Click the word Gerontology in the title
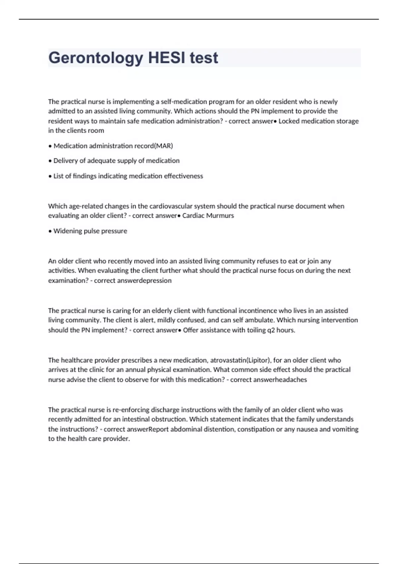point(96,58)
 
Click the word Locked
point(290,121)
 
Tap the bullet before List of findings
point(50,176)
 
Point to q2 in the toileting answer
point(271,330)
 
